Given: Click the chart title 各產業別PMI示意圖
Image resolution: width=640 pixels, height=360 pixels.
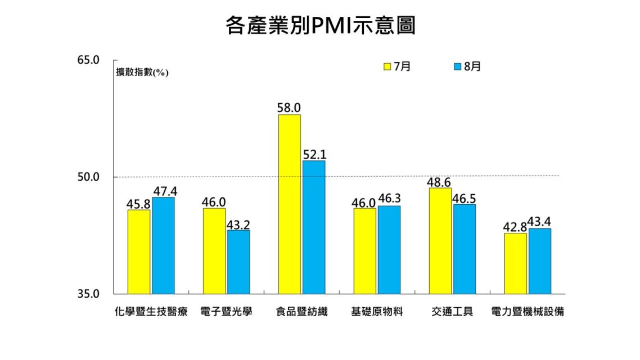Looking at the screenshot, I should tap(320, 25).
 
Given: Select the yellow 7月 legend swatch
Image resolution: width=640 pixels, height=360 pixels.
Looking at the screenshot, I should tap(387, 67).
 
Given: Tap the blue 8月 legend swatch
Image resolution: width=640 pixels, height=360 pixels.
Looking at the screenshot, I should tap(457, 67).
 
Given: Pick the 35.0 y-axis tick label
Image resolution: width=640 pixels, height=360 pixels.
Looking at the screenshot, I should tap(88, 294).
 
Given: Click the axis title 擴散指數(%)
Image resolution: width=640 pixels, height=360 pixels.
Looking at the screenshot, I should tap(142, 73).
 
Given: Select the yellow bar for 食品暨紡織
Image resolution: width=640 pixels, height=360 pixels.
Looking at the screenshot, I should tap(289, 204).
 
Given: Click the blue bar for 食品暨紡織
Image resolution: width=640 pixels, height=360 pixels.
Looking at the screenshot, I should tap(313, 227).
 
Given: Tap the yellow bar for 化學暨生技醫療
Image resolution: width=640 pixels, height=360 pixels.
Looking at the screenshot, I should tap(139, 251).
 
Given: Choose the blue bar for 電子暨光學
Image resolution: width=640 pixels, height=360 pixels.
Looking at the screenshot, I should tap(238, 262).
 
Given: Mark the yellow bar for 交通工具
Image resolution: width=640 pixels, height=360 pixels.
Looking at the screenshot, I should tap(440, 241).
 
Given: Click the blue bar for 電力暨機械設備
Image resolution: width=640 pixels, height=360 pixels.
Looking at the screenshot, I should tap(539, 261).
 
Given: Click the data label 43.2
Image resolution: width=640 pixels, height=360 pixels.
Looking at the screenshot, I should tap(238, 224).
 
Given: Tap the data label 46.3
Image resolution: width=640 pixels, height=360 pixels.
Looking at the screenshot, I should tap(389, 199).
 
